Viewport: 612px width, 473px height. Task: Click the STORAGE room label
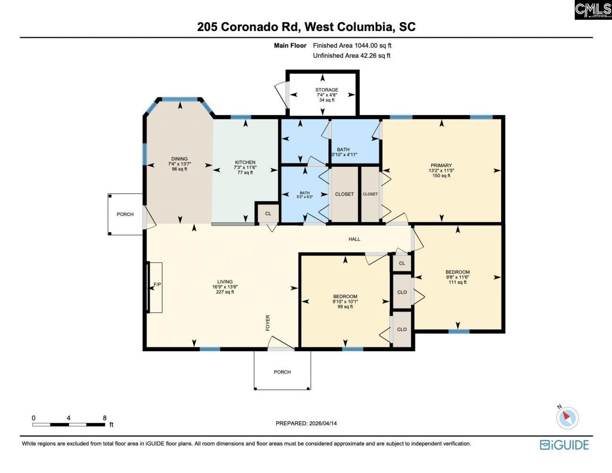(327, 90)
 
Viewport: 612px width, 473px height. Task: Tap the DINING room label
(179, 159)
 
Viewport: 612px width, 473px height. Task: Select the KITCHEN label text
(245, 162)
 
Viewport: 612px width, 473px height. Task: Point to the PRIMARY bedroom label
(441, 165)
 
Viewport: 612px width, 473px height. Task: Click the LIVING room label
(225, 282)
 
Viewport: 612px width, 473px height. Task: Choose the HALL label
(354, 239)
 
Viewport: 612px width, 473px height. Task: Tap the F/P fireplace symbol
(156, 285)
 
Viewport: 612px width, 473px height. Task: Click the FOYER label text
(268, 323)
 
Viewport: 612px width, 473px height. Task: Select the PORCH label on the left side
(125, 214)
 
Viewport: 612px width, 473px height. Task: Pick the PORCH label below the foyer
(282, 372)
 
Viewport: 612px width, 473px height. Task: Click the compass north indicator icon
(567, 417)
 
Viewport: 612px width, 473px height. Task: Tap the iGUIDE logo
(564, 445)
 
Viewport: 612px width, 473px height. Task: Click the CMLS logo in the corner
(593, 10)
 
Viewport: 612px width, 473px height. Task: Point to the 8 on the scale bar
(105, 418)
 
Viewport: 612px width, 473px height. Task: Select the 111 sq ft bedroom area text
(458, 282)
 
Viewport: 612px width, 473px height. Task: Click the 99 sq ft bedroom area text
(345, 307)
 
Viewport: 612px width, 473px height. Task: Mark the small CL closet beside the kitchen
(268, 214)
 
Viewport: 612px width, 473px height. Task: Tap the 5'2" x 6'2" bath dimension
(305, 197)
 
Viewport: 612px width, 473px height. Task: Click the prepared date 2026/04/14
(323, 423)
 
